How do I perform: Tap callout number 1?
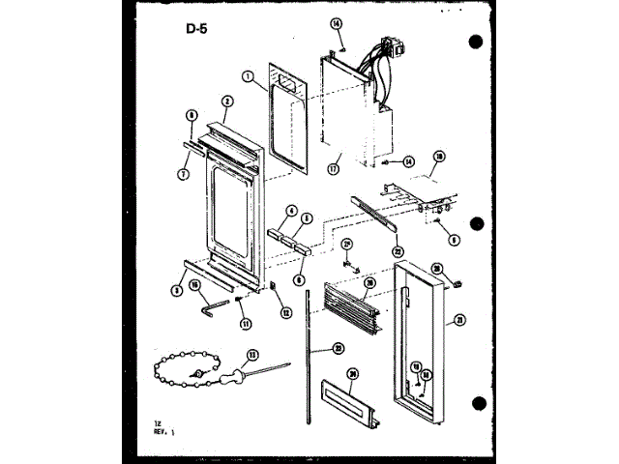click(249, 76)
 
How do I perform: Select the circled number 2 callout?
click(225, 101)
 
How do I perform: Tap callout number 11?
click(246, 322)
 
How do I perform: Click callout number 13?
click(252, 354)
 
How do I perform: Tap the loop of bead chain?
click(184, 367)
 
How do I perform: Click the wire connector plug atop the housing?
click(391, 46)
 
